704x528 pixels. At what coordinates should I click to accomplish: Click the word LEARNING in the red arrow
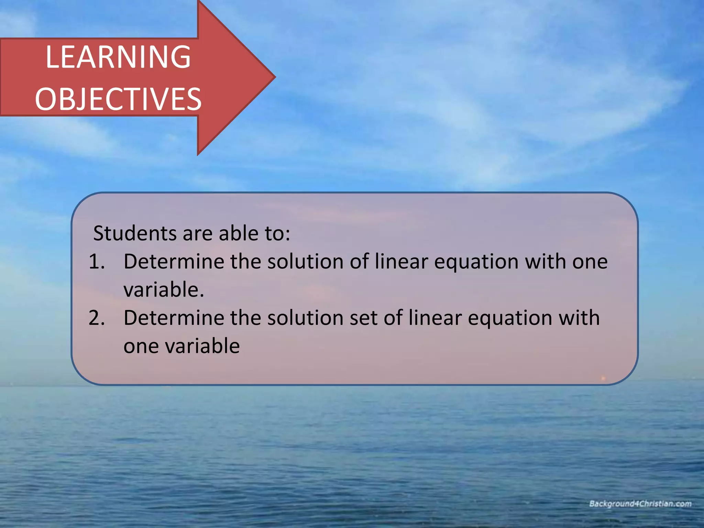coord(118,57)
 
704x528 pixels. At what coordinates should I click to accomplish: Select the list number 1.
coord(96,262)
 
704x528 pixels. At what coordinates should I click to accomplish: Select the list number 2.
coord(96,318)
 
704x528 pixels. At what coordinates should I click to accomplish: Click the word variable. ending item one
coord(164,290)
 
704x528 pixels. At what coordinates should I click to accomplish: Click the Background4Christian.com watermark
coord(640,504)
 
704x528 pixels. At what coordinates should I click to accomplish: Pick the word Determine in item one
coord(174,262)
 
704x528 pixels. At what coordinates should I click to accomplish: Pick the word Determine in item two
coord(174,318)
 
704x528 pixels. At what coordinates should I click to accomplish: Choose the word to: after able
coord(277,233)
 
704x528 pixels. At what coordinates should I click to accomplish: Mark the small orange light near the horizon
coord(603,378)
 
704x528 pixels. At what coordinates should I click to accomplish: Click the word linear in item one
coord(401,262)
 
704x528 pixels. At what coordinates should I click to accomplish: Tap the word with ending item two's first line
coord(579,318)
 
